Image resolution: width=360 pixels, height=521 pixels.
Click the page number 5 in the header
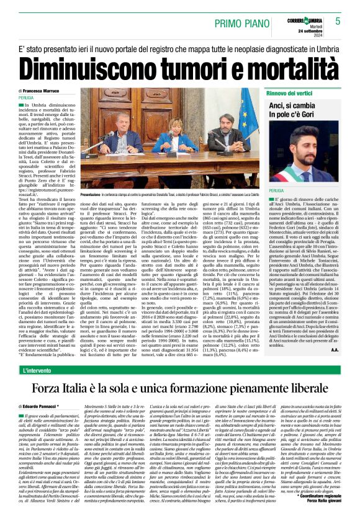click(x=338, y=20)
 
